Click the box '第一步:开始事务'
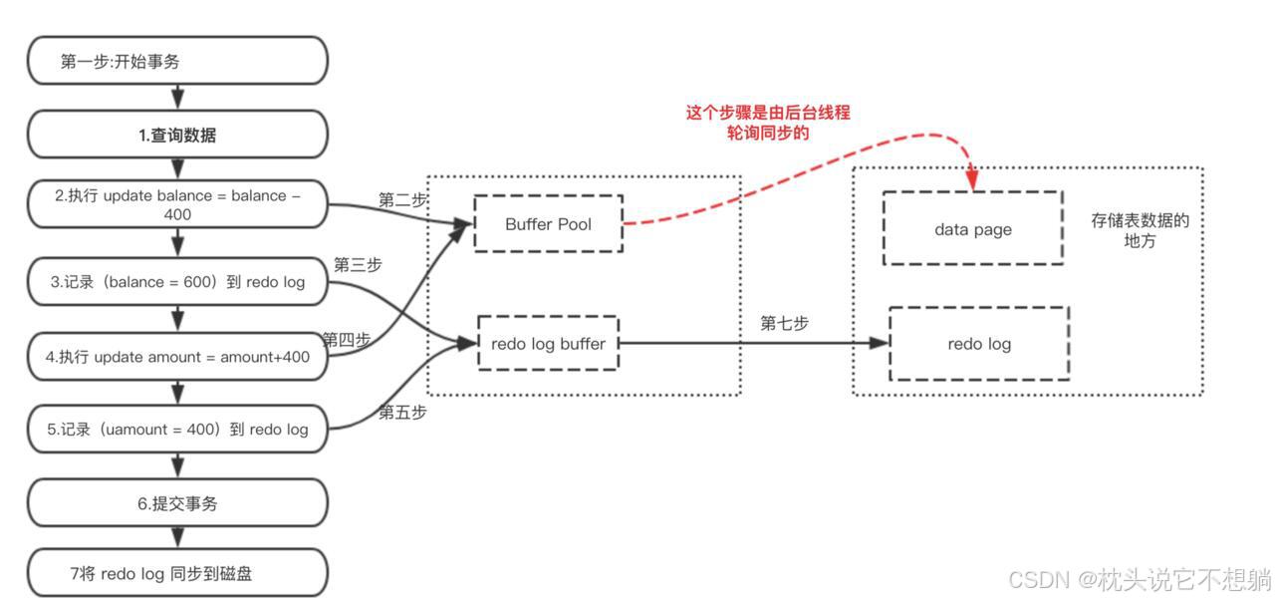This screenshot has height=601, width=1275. pos(177,62)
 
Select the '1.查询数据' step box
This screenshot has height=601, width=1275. pos(177,136)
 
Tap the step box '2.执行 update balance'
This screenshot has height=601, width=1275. pos(177,205)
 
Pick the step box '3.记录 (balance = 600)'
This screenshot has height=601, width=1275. pos(177,282)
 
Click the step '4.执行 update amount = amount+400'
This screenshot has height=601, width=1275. pos(177,357)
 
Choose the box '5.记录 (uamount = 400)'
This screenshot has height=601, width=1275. pos(177,430)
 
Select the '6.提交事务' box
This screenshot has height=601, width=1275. pos(177,503)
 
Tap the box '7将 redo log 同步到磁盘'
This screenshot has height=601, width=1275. pos(177,573)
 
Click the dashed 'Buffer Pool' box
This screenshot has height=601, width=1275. pos(548,224)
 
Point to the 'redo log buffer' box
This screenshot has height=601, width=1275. pos(548,343)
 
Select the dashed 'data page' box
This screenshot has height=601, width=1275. pos(972,229)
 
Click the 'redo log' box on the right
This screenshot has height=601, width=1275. pos(978,344)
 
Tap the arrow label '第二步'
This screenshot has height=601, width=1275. pos(402,200)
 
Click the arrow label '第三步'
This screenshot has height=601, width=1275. pos(358,265)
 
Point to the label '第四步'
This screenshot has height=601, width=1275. pos(346,340)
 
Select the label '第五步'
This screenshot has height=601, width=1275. pos(402,412)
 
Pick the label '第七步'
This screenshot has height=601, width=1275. pos(784,323)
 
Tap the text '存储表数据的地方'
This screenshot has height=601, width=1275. pos(1140,230)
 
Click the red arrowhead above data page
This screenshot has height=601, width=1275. pos(972,180)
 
